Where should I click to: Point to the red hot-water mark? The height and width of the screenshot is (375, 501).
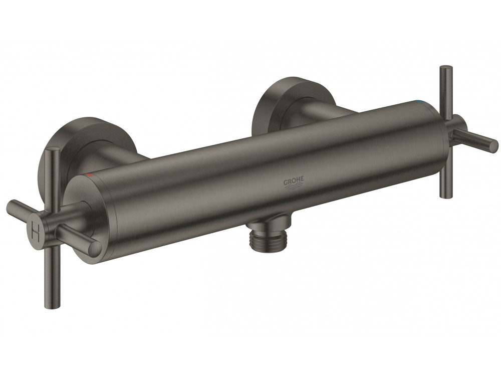click(x=89, y=174)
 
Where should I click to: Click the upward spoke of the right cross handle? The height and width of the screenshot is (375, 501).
click(x=443, y=90)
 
